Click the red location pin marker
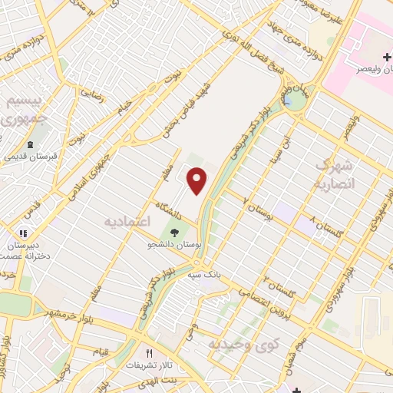(x=198, y=180)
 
